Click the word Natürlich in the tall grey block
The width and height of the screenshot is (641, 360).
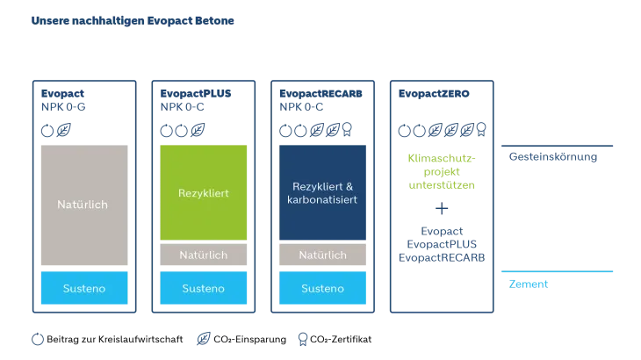tap(83, 205)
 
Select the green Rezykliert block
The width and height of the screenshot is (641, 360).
tap(203, 192)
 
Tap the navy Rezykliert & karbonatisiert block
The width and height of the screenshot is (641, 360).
tap(322, 192)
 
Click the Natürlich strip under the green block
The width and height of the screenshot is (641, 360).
tap(203, 255)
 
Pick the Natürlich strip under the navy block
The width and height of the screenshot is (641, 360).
tap(322, 255)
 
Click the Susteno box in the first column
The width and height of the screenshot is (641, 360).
tap(84, 288)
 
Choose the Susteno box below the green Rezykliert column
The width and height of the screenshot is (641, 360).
tap(203, 288)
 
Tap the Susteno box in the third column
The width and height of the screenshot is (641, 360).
tap(322, 288)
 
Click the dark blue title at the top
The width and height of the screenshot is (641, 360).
tap(133, 20)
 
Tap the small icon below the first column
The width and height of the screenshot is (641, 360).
tap(37, 338)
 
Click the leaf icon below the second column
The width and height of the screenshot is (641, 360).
tap(204, 338)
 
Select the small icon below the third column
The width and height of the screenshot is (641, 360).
tap(303, 338)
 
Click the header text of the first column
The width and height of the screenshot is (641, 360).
tap(61, 97)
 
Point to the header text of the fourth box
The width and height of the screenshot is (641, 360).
tap(433, 91)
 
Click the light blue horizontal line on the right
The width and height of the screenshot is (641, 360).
tap(558, 270)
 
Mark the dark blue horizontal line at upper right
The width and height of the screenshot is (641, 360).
tap(558, 144)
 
